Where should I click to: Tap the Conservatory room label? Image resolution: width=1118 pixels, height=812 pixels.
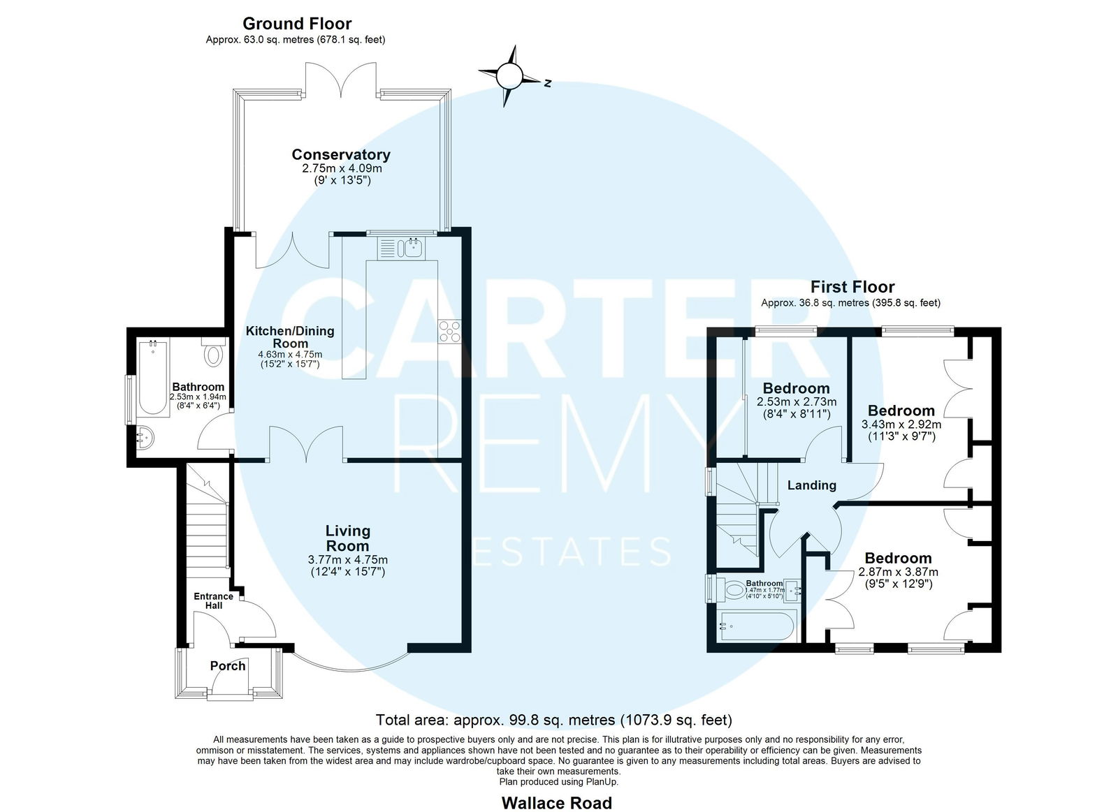(341, 154)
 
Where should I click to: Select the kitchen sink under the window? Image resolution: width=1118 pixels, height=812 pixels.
(401, 248)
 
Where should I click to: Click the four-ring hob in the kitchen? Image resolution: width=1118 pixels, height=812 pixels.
(450, 332)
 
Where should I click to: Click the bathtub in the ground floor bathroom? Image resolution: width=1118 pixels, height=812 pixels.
(153, 377)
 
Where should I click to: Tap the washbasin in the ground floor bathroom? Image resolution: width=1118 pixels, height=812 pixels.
(145, 438)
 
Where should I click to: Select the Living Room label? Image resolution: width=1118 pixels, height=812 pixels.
(348, 538)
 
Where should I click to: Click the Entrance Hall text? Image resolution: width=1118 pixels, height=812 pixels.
(214, 601)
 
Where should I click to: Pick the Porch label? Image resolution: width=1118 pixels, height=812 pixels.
(228, 666)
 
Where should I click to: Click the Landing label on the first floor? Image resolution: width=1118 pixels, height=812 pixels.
(811, 485)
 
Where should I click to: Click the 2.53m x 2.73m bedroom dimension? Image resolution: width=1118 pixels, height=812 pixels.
(797, 401)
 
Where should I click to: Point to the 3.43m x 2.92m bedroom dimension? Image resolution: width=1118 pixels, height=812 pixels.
(901, 425)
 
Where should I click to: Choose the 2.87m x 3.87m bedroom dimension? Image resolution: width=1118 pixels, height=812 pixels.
(899, 572)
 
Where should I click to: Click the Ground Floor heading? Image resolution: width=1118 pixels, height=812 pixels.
(297, 24)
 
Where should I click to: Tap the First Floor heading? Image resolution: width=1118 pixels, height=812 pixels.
(852, 287)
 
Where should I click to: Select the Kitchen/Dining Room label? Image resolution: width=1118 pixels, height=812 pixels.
(290, 337)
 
